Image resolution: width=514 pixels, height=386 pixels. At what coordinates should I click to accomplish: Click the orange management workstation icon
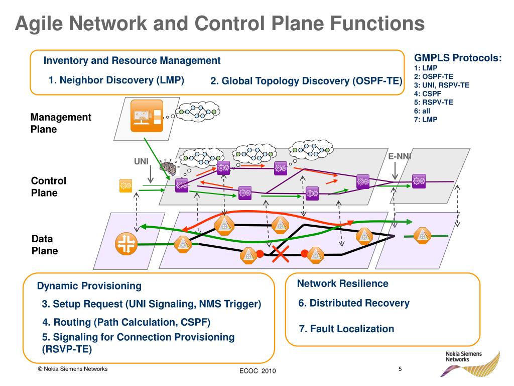[x=147, y=116]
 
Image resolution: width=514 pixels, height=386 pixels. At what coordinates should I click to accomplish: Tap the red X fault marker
[x=281, y=254]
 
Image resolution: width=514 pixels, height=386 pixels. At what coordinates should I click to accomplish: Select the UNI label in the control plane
[x=141, y=161]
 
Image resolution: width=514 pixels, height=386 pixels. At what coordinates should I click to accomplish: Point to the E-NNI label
[x=400, y=157]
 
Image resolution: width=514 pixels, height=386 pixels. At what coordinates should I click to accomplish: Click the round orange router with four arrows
[x=126, y=244]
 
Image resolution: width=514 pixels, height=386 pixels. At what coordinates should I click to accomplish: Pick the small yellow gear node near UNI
[x=125, y=185]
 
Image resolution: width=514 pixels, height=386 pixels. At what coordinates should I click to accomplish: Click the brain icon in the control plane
[x=169, y=168]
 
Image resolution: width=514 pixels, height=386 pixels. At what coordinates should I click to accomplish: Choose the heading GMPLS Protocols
[x=458, y=58]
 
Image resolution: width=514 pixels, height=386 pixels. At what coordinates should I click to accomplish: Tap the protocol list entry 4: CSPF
[x=428, y=93]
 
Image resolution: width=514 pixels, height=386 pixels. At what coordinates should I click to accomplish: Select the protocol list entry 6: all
[x=422, y=111]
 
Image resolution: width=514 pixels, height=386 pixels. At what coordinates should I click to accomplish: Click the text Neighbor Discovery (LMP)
[x=121, y=80]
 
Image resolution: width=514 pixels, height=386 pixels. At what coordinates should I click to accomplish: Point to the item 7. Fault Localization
[x=346, y=329]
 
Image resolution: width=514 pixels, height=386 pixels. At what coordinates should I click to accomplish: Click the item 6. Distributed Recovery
[x=354, y=303]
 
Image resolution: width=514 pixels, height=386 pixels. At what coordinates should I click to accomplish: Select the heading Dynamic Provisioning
[x=89, y=286]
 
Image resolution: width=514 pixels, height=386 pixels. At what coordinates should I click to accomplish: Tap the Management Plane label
[x=61, y=123]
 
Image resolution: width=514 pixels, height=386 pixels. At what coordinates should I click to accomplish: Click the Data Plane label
[x=45, y=245]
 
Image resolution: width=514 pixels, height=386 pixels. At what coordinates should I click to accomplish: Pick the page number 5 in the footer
[x=400, y=369]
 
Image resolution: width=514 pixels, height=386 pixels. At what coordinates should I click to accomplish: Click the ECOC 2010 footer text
[x=258, y=371]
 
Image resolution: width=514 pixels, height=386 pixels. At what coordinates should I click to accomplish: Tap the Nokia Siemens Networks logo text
[x=463, y=357]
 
